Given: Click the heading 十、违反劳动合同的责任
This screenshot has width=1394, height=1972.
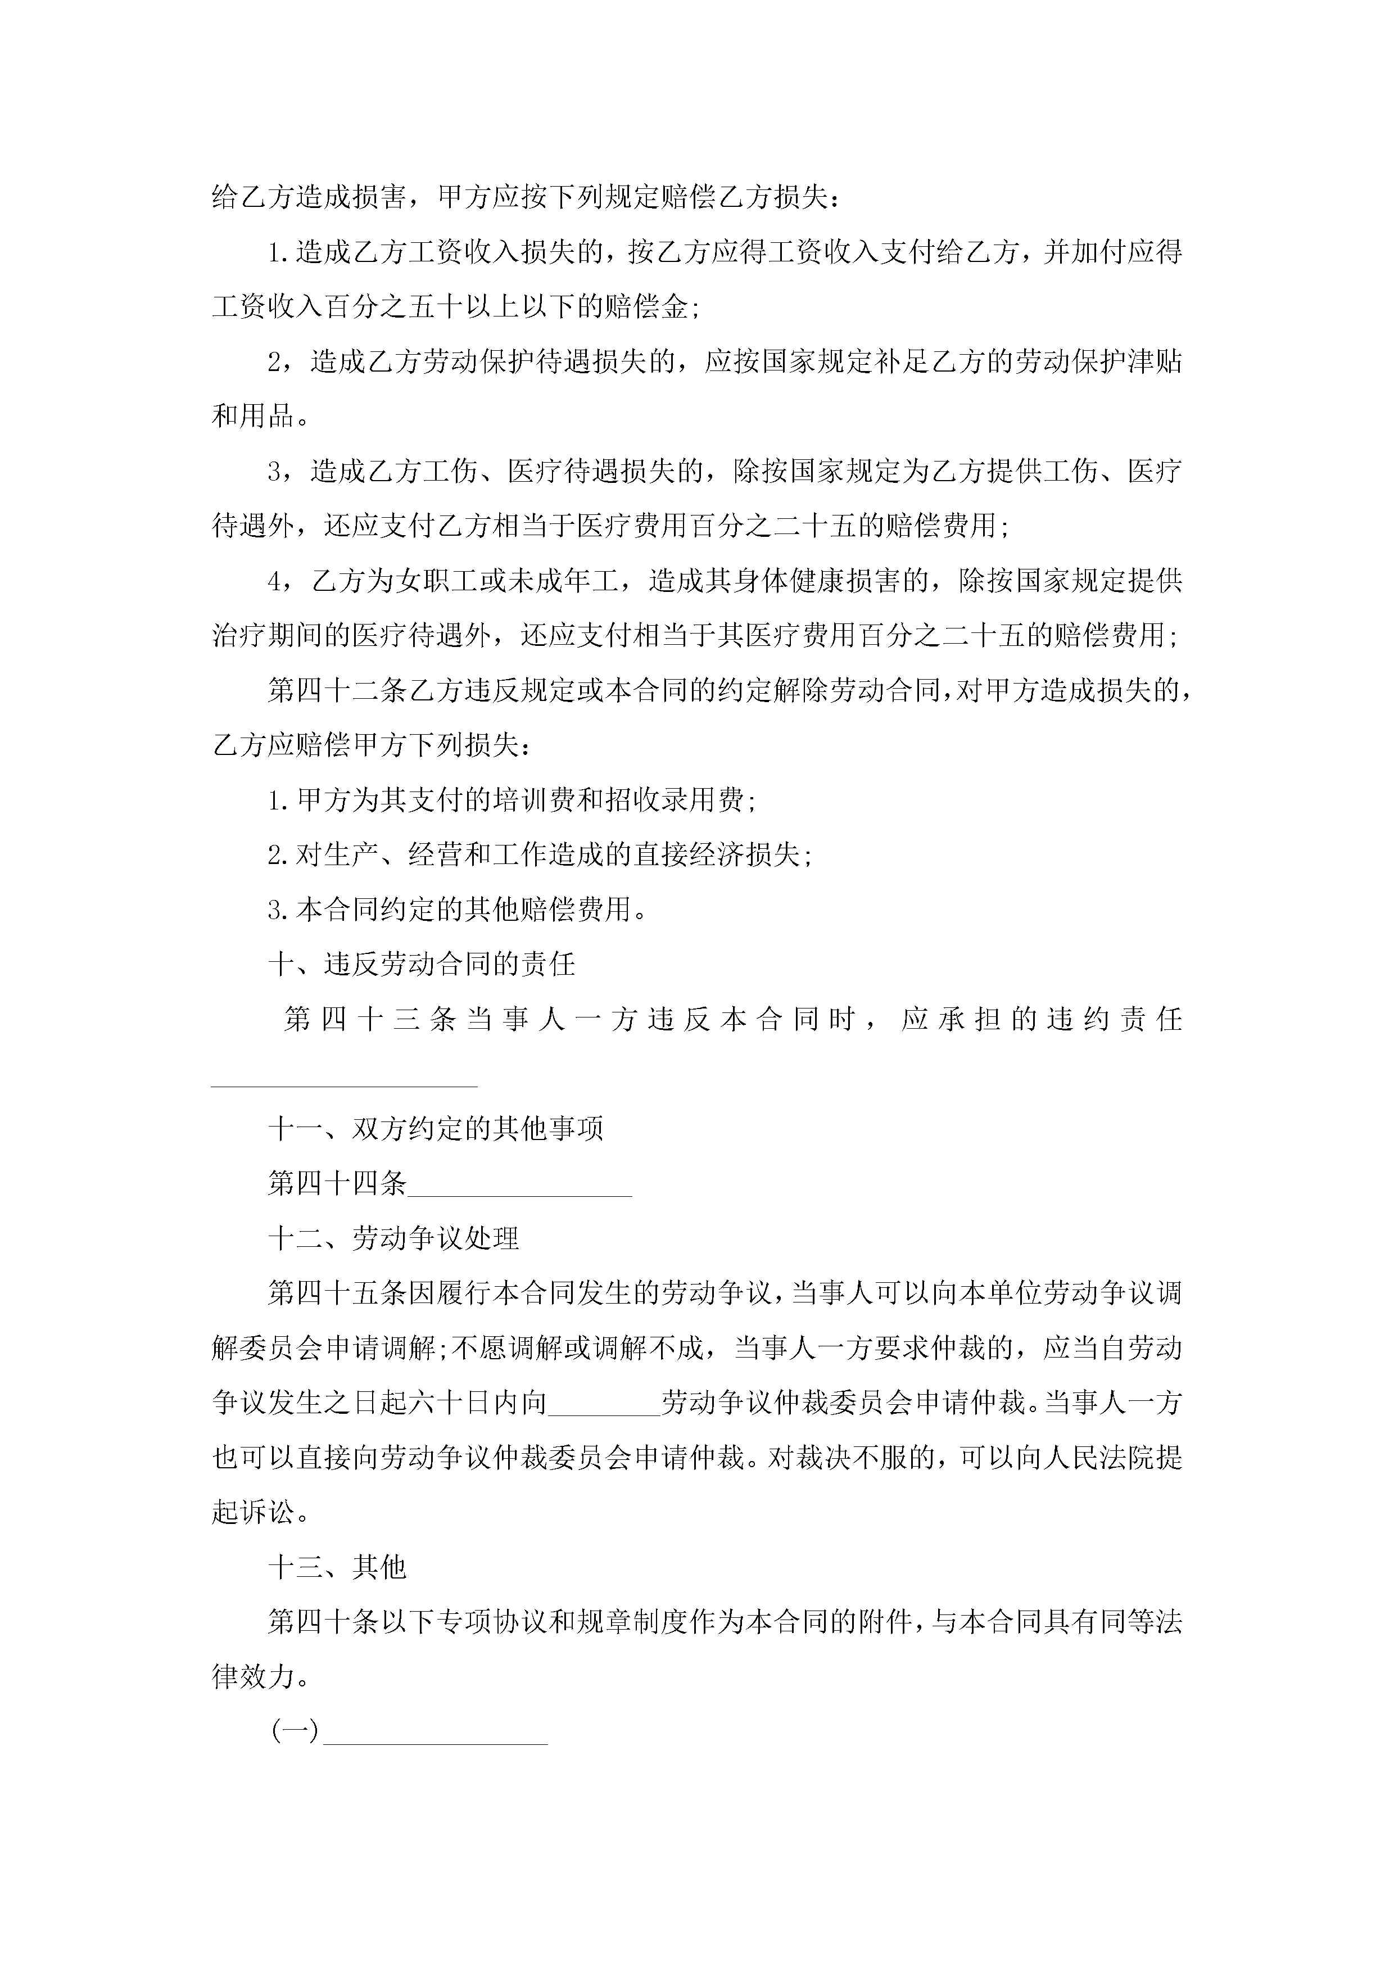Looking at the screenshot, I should (x=422, y=964).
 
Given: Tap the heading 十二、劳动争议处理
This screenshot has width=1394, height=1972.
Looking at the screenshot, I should (x=393, y=1238).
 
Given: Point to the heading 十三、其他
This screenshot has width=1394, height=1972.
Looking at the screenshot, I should (x=337, y=1567).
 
